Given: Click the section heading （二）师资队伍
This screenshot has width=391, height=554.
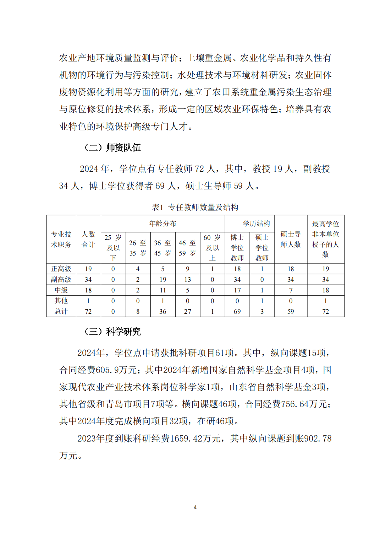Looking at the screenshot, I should click(x=112, y=147).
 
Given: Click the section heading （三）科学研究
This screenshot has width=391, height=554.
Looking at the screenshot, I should click(x=112, y=332).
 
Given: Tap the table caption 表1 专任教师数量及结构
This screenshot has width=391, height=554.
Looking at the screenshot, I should click(x=195, y=207).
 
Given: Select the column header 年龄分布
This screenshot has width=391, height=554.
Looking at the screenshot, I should click(x=163, y=224).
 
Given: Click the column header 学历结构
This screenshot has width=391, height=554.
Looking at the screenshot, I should click(x=256, y=224).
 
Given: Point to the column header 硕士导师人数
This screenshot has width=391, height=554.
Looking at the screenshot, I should click(x=291, y=239).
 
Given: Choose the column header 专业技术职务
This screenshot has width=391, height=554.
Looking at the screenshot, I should click(x=61, y=239).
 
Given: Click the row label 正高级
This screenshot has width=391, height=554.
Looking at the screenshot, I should click(x=61, y=269).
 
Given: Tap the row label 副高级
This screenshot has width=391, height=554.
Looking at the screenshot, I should click(x=61, y=280).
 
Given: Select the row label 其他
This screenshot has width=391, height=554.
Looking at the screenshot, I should click(x=61, y=301).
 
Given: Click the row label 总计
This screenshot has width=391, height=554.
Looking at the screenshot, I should click(x=61, y=312).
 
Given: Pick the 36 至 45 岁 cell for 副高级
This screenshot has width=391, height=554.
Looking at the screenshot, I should click(x=163, y=280).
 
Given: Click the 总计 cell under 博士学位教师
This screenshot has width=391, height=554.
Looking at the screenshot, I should click(x=237, y=312).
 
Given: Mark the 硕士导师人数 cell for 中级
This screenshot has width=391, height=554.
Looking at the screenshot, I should click(x=291, y=290).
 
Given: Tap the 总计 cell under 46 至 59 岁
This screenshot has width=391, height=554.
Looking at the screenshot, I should click(x=188, y=312).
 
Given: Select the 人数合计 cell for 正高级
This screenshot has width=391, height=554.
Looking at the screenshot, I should click(x=88, y=269).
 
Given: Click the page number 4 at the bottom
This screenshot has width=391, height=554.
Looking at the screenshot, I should click(x=195, y=507).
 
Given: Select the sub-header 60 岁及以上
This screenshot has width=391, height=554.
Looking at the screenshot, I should click(x=212, y=247).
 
